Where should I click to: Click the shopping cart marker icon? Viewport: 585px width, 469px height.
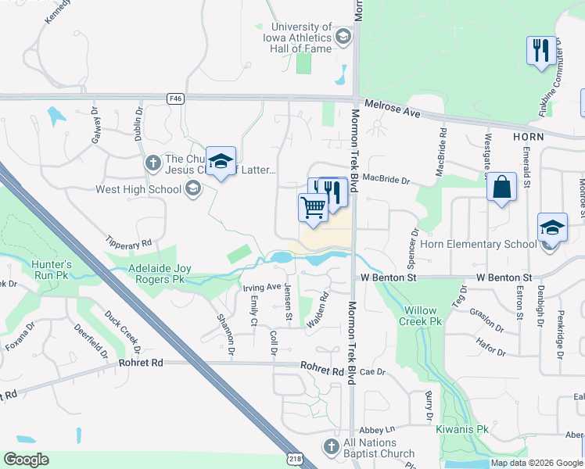[313, 208]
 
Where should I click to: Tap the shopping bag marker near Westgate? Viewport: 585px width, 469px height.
[501, 188]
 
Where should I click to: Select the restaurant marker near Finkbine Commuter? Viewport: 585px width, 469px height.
[541, 51]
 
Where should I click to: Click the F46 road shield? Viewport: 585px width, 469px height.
[175, 98]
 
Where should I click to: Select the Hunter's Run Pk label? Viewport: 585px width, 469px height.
[52, 270]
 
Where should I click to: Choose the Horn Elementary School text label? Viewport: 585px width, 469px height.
[478, 244]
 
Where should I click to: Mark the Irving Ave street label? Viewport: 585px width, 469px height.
[263, 287]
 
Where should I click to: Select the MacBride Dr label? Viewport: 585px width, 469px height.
[386, 181]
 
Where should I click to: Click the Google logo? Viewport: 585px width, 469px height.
[26, 460]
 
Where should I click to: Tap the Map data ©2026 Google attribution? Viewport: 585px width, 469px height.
[537, 463]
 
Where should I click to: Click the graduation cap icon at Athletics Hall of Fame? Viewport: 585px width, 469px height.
[342, 37]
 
